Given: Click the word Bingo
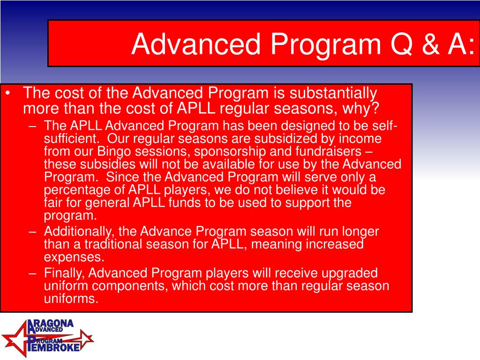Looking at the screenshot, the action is [x=114, y=151].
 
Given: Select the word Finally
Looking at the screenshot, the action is [x=64, y=273].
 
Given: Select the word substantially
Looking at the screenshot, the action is [x=333, y=93].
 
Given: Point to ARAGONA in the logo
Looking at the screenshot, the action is [x=51, y=325].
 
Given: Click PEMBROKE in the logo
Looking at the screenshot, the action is [x=53, y=347].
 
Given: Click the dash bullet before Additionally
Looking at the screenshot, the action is [x=33, y=232].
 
